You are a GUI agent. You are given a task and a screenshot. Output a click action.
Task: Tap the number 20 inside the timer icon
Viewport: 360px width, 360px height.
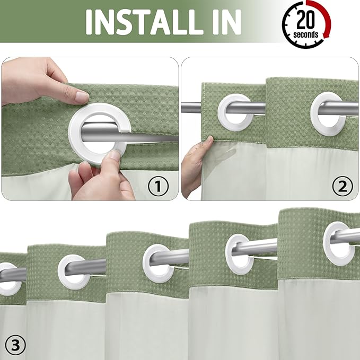pyautogui.click(x=304, y=20)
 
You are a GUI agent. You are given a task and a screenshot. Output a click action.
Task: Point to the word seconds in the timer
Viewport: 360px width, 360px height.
pyautogui.click(x=306, y=34)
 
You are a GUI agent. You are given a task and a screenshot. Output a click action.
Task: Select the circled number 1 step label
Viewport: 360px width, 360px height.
pyautogui.click(x=158, y=186)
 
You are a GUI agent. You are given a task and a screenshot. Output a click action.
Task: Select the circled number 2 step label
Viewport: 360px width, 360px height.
pyautogui.click(x=342, y=186)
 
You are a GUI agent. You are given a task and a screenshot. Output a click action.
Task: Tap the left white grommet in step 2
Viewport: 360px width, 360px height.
pyautogui.click(x=234, y=109)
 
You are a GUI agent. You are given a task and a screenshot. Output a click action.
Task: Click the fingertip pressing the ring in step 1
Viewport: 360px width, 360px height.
pyautogui.click(x=112, y=155)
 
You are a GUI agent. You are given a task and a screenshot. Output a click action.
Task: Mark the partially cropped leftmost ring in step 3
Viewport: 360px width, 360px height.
pyautogui.click(x=9, y=278)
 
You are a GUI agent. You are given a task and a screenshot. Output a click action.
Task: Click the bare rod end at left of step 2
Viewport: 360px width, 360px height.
pyautogui.click(x=191, y=108)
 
